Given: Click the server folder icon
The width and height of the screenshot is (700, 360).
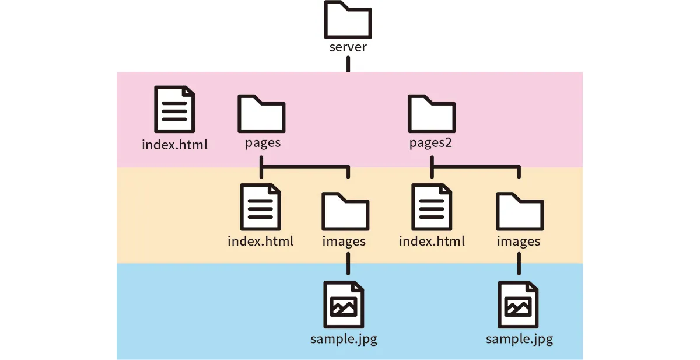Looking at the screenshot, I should [x=348, y=19].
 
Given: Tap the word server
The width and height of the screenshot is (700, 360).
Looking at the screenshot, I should [x=348, y=47].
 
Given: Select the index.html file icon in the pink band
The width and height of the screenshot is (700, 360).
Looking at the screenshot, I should [x=174, y=109].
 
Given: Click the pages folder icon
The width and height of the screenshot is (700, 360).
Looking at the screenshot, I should [x=261, y=114].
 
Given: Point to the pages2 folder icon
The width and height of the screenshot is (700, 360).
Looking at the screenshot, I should [x=432, y=114].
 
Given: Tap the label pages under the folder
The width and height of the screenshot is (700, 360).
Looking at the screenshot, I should [x=262, y=143].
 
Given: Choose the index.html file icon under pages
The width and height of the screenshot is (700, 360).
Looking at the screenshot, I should [x=260, y=207].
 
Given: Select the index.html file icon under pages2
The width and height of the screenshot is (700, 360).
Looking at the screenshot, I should [x=432, y=207].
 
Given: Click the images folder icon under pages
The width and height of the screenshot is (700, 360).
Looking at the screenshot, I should [x=345, y=212].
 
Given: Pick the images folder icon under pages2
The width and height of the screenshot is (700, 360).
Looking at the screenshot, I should [x=519, y=212].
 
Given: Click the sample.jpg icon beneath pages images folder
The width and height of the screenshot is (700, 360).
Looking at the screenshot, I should [x=345, y=306].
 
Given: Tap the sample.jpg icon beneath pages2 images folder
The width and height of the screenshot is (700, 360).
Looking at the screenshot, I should [x=519, y=306].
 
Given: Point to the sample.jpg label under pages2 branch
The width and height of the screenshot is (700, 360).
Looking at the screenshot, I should [x=519, y=339].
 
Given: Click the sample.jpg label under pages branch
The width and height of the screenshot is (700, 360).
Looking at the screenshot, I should [x=344, y=339].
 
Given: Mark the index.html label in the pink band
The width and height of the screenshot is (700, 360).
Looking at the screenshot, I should [x=174, y=144].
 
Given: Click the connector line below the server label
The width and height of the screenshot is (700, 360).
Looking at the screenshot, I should [x=348, y=64].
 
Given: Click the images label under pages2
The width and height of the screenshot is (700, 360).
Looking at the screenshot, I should [x=519, y=241].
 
